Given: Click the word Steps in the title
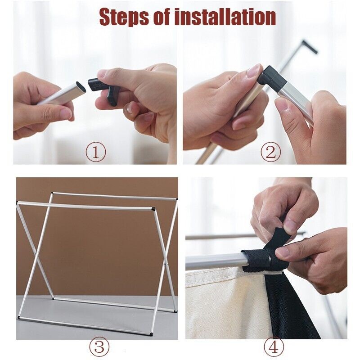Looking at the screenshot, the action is click(124, 17).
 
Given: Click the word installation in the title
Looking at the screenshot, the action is click(225, 17).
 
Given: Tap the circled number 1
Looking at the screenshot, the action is click(96, 152).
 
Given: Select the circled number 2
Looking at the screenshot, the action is click(271, 152).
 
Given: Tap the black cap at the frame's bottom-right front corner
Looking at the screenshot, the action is click(151, 334).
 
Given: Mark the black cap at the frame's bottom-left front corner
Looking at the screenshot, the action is click(18, 318).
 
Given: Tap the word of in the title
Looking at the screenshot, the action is click(162, 17).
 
